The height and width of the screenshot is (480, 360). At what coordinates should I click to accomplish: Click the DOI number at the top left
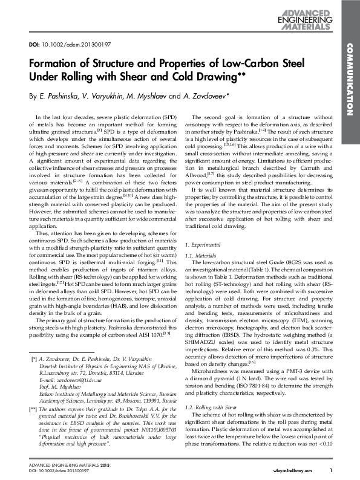[x=71, y=44]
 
